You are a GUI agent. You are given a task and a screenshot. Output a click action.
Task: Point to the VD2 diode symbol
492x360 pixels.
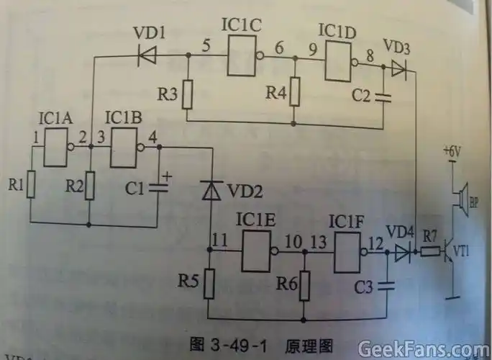click(x=211, y=190)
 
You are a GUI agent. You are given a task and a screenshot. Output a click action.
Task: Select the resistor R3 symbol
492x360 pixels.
click(x=187, y=94)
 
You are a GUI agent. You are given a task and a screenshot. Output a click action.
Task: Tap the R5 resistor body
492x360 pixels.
click(x=209, y=284)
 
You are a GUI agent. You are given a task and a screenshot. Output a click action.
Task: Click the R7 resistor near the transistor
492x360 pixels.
click(x=430, y=253)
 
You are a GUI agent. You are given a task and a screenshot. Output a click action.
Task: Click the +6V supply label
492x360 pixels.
click(x=450, y=152)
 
